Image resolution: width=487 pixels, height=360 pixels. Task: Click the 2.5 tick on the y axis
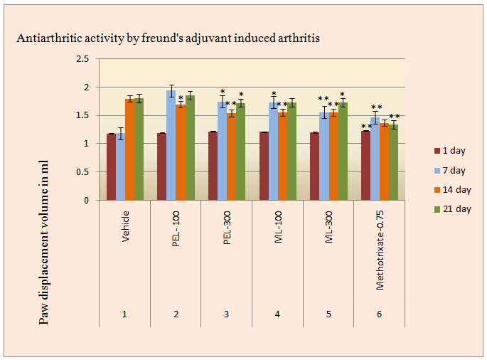coord(86,59)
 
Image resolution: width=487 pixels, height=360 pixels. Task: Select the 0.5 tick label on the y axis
coord(86,172)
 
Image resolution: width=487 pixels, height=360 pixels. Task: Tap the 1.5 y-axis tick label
coord(86,115)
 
